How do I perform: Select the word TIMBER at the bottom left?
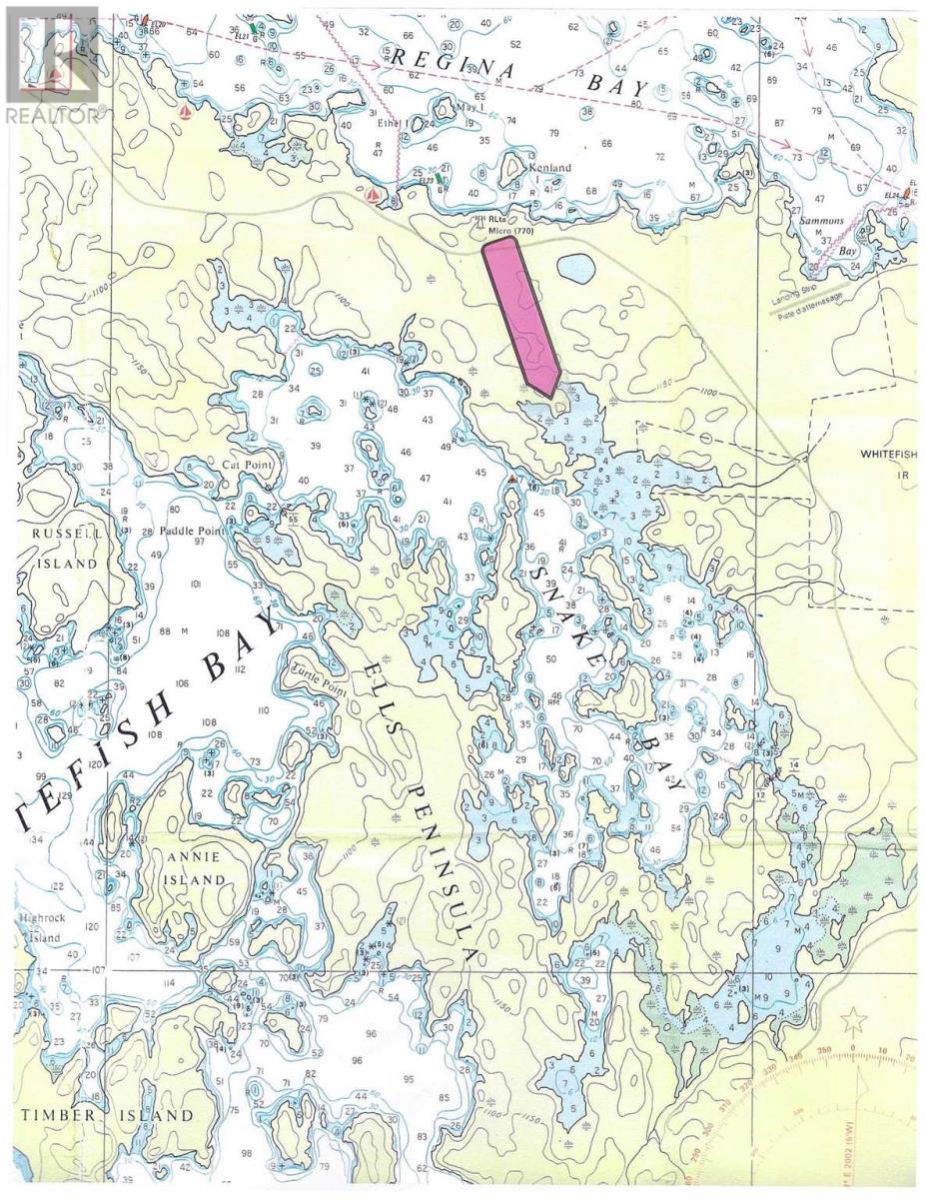click(x=56, y=1115)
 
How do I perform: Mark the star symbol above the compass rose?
click(x=853, y=1020)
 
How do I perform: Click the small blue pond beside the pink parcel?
click(x=575, y=268)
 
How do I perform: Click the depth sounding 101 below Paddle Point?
click(x=196, y=585)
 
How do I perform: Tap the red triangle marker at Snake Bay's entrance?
click(x=512, y=480)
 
